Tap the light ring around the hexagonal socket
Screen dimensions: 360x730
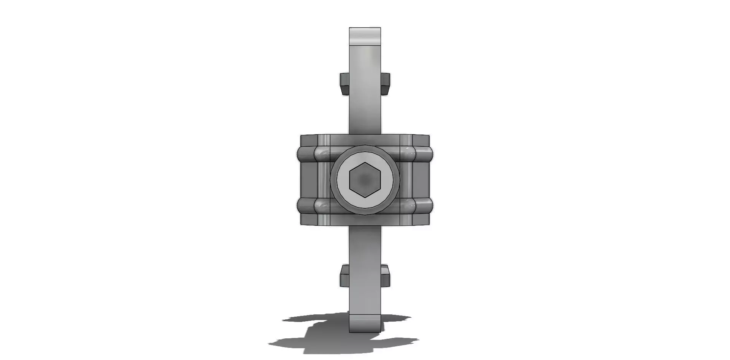(x=343, y=180)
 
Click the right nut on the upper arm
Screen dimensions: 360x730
(x=385, y=84)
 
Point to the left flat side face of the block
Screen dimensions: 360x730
(x=308, y=180)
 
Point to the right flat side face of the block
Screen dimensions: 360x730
(x=421, y=180)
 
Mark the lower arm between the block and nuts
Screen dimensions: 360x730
(x=365, y=247)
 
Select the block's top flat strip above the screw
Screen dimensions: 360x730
(x=365, y=140)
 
